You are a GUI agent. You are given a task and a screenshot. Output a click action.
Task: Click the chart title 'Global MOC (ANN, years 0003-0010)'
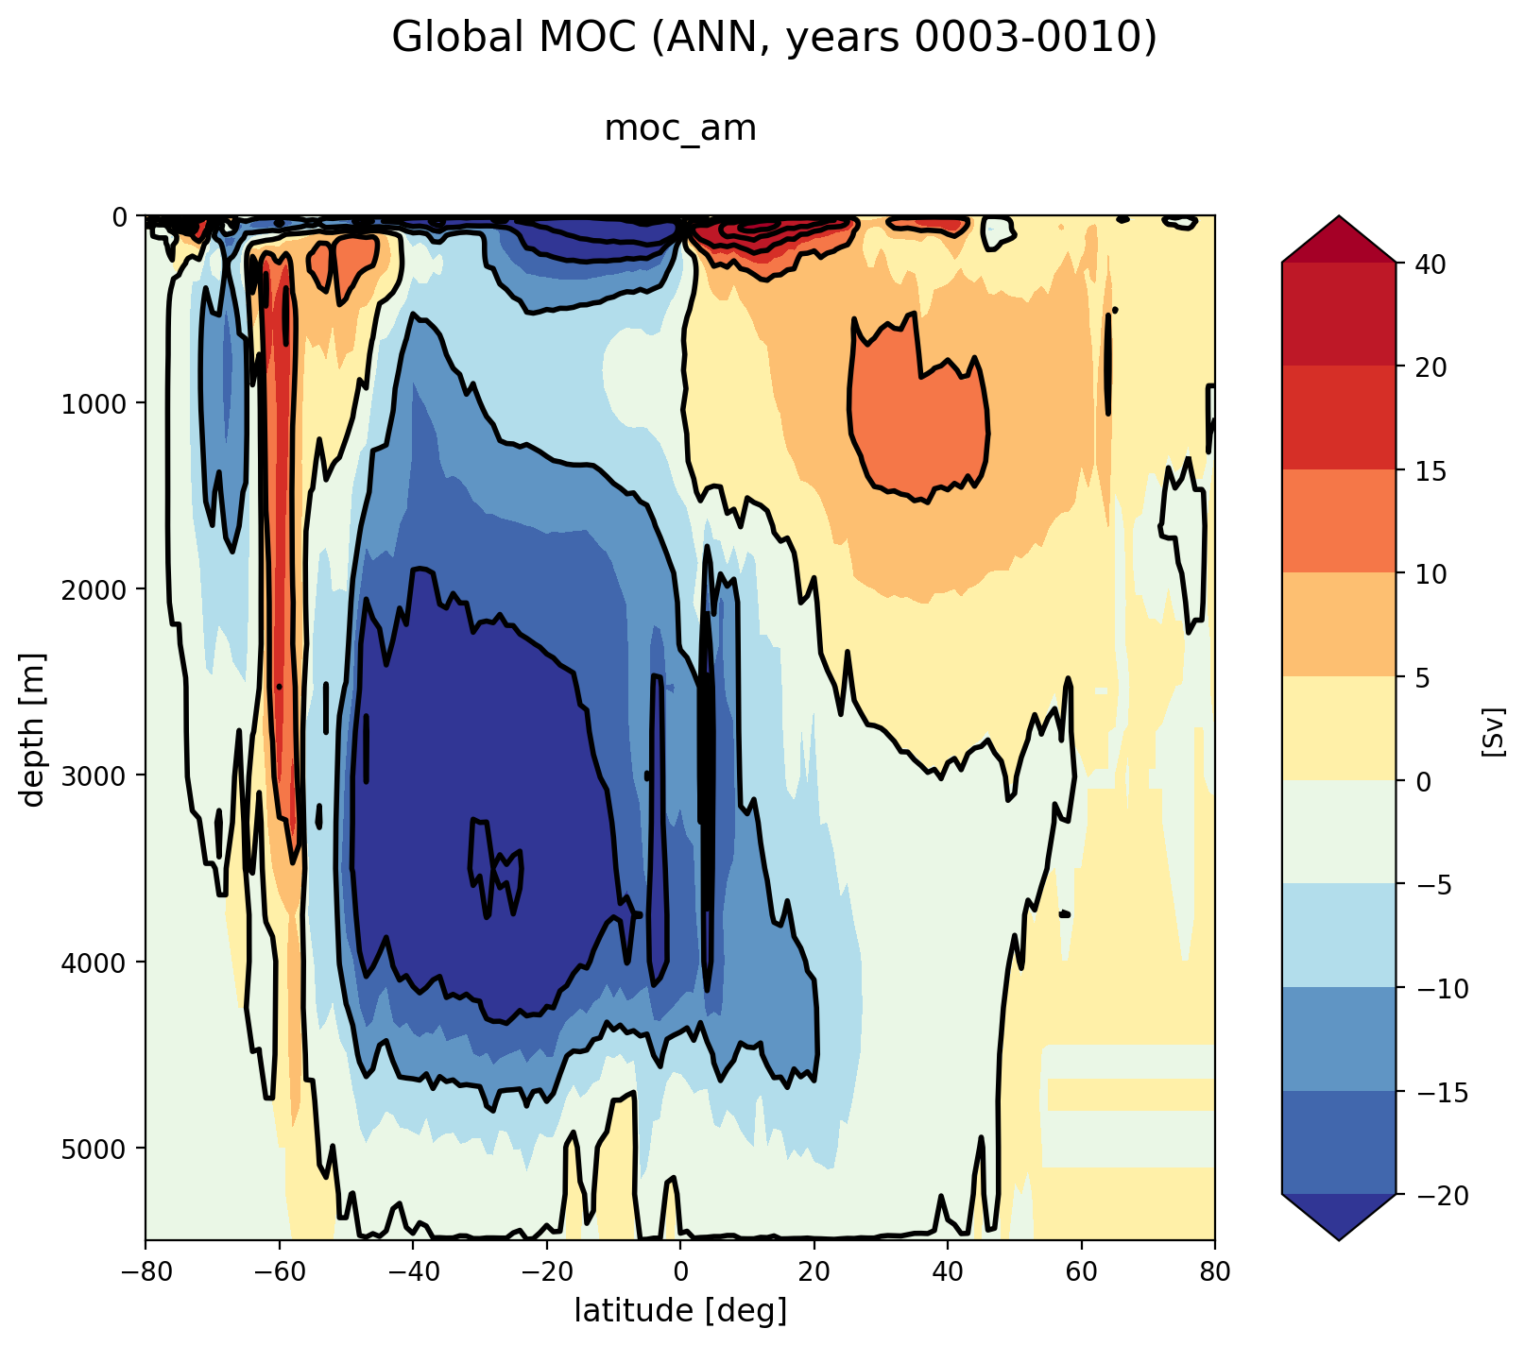(x=774, y=39)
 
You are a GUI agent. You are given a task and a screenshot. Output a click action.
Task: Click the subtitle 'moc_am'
(x=680, y=128)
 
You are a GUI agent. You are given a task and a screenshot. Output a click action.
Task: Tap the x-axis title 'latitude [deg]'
(x=680, y=1310)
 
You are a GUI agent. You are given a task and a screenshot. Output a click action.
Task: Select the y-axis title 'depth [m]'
(x=34, y=728)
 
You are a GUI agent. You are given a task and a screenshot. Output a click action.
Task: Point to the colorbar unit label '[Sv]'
(x=1492, y=730)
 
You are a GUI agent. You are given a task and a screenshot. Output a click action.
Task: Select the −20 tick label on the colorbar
(x=1435, y=1196)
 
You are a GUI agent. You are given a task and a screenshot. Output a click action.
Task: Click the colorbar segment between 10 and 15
(x=1338, y=521)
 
